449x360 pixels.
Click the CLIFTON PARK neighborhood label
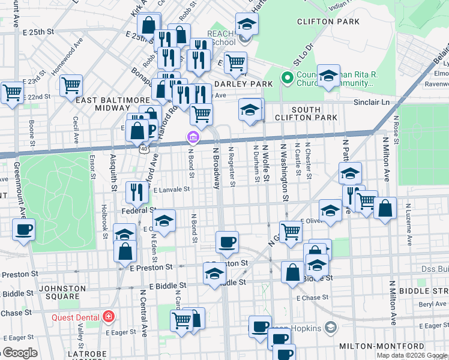[x=328, y=22]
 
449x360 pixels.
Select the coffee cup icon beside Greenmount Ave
[x=23, y=229]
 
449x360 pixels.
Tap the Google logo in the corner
[x=20, y=353]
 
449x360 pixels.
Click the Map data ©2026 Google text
[x=412, y=355]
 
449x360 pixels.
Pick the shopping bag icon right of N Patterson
[x=385, y=209]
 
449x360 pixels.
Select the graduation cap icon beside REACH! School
[x=246, y=24]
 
